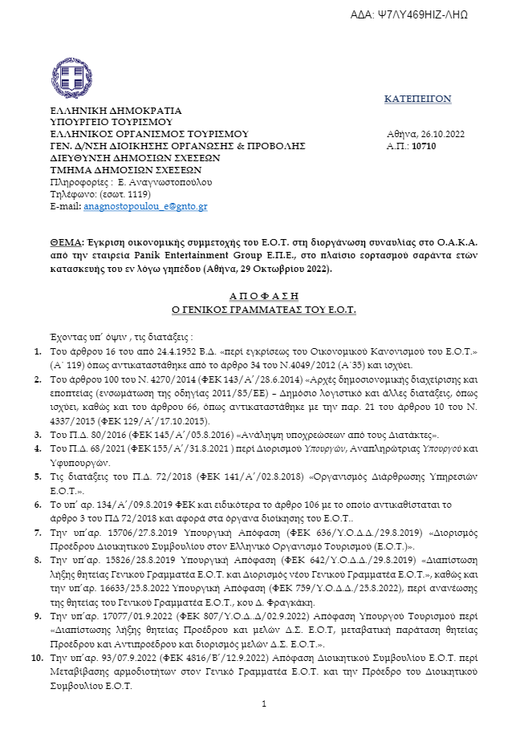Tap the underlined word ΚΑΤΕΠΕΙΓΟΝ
[417, 99]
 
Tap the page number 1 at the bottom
[263, 704]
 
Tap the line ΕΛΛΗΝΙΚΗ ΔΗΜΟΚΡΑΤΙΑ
[104, 110]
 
